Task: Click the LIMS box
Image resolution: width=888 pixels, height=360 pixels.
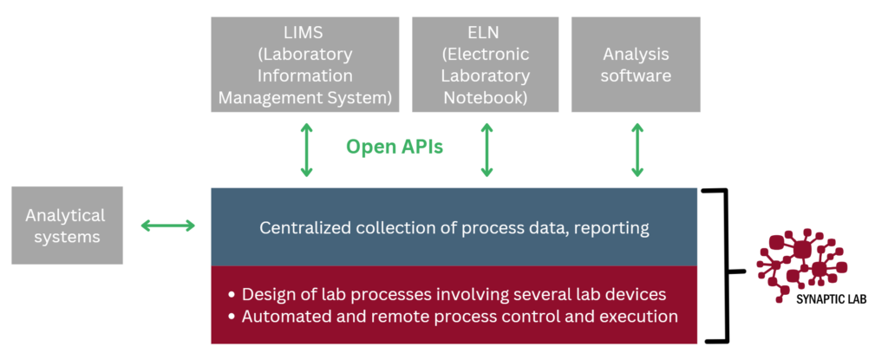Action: (x=304, y=64)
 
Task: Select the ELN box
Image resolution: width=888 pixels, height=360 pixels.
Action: (x=486, y=64)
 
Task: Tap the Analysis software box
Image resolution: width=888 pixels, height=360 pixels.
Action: (x=636, y=64)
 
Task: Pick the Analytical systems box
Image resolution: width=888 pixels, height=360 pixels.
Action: (x=67, y=225)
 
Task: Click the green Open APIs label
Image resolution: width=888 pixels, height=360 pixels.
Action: (x=395, y=147)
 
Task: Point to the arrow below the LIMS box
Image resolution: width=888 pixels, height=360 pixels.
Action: (x=306, y=150)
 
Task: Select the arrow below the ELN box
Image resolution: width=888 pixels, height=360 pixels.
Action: (x=486, y=150)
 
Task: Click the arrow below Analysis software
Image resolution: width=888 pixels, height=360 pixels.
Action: (x=637, y=150)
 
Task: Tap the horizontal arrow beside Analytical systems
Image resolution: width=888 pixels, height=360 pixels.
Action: (x=167, y=226)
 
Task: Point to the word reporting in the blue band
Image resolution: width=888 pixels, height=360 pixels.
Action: (x=615, y=229)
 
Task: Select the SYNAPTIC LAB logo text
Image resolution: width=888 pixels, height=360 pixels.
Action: (x=832, y=299)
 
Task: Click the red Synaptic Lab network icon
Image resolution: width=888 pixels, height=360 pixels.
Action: (x=802, y=263)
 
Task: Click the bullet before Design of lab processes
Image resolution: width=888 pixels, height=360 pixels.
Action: (x=231, y=295)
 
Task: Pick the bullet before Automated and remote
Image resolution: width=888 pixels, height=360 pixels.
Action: (x=231, y=317)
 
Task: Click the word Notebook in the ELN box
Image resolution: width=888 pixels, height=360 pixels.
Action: (x=486, y=97)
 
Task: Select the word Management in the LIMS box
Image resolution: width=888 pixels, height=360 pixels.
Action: (x=264, y=97)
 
